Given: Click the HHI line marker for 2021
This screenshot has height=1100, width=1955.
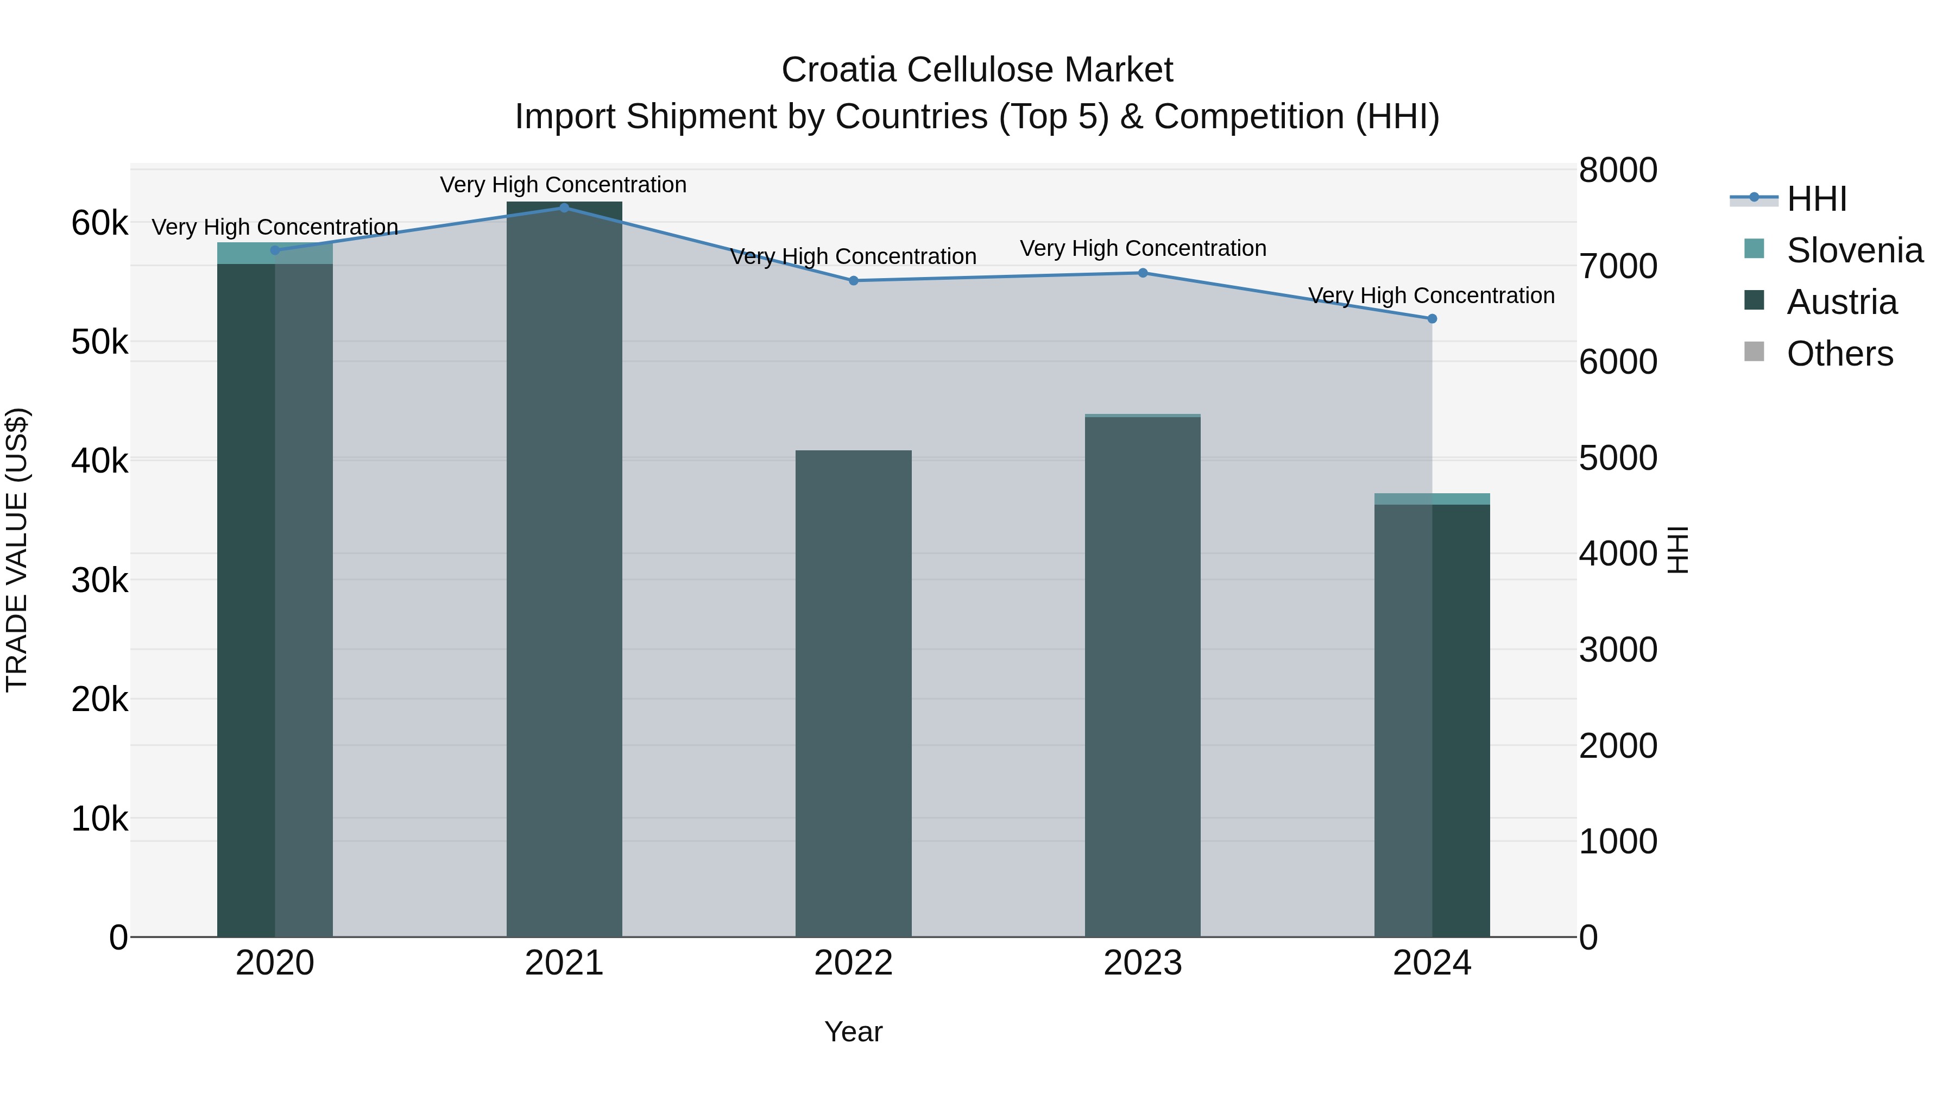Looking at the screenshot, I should [564, 208].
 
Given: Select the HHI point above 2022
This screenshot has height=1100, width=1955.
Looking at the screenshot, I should [853, 281].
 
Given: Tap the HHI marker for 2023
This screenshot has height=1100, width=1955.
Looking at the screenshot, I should [1143, 273].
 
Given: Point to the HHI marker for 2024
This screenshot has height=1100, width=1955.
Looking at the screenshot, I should [1432, 319].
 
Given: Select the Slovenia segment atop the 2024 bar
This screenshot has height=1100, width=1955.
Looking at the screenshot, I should [1432, 499].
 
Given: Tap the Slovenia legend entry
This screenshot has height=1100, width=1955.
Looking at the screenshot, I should [1854, 250].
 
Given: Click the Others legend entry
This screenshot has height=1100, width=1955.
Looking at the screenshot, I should [1840, 354].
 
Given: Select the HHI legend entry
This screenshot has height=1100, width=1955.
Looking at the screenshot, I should [1816, 199].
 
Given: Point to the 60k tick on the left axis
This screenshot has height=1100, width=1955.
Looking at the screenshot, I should [99, 223].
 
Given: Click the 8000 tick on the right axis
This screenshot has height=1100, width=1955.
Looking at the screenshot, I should [1618, 170].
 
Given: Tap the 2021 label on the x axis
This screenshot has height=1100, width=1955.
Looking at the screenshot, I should [564, 963].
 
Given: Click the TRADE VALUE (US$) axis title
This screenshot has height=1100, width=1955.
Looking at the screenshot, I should [17, 550].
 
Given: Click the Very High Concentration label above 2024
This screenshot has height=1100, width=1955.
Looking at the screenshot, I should [1431, 296].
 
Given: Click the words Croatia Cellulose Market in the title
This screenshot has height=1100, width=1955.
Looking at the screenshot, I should [977, 70].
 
